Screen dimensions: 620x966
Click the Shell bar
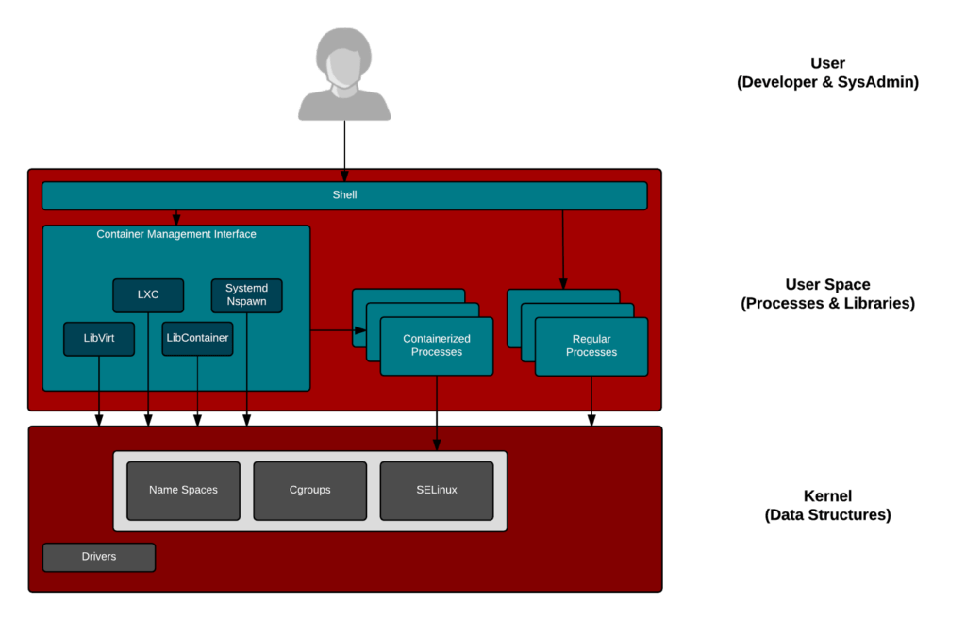[x=344, y=195]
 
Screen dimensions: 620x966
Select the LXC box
[x=148, y=294]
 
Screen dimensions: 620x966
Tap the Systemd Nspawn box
[x=246, y=294]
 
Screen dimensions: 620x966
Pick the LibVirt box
[x=99, y=338]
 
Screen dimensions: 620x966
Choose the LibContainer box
[x=197, y=338]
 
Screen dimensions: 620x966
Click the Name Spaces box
[x=183, y=490]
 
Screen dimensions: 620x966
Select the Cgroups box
[x=309, y=490]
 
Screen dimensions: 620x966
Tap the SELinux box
[x=436, y=490]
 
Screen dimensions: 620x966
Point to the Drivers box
[x=99, y=557]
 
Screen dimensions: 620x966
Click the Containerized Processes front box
[x=436, y=345]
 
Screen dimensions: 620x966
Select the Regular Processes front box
[x=591, y=345]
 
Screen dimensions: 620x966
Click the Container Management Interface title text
[x=176, y=234]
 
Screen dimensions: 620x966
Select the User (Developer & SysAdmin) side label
[x=826, y=73]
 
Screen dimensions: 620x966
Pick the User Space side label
[x=827, y=293]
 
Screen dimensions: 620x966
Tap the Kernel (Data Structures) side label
[x=827, y=505]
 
